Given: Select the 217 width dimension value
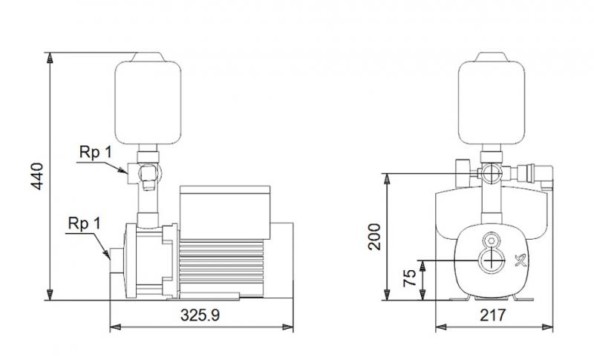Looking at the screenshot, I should [492, 315].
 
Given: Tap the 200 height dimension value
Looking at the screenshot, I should [374, 236].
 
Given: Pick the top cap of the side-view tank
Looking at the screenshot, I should [148, 56].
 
